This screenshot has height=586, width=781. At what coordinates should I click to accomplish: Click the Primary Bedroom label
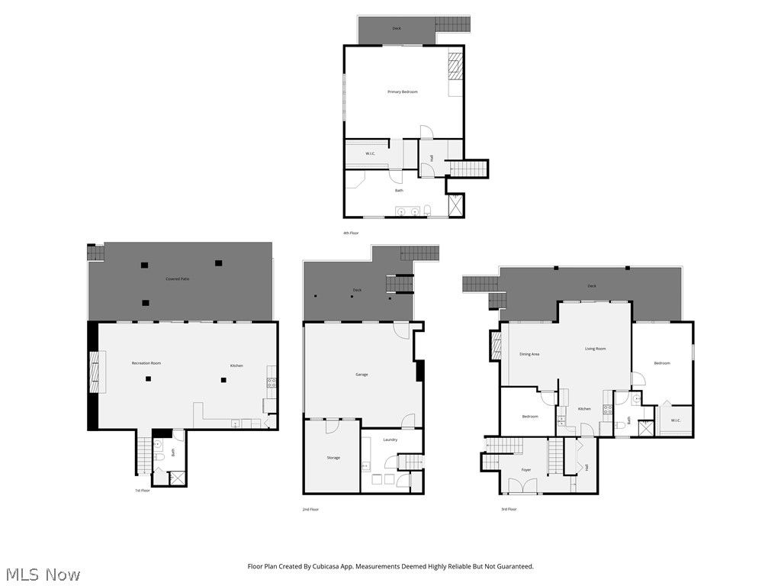[x=402, y=92]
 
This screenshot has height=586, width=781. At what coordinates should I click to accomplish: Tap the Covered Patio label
[x=178, y=279]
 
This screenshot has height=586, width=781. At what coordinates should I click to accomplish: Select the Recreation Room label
[x=146, y=363]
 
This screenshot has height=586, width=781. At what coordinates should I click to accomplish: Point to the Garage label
[x=362, y=374]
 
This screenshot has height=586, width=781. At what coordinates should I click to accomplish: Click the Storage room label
[x=333, y=458]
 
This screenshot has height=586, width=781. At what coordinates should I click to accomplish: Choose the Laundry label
[x=390, y=439]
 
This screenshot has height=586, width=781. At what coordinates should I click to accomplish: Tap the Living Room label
[x=595, y=349]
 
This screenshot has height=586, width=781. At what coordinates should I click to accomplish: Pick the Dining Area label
[x=529, y=354]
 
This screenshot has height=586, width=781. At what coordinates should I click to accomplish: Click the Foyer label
[x=526, y=470]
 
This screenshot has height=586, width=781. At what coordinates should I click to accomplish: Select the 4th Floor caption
[x=351, y=233]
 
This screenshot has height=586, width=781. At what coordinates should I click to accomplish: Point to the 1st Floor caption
[x=143, y=491]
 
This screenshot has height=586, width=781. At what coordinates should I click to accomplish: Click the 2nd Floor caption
[x=310, y=509]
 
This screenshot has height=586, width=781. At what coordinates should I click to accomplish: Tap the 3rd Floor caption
[x=508, y=509]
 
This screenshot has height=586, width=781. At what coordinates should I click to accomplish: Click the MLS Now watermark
[x=43, y=574]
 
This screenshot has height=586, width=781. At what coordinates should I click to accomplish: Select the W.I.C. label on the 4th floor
[x=370, y=153]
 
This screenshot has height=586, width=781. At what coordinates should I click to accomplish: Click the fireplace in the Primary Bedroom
[x=455, y=66]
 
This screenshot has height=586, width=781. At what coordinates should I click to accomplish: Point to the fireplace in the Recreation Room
[x=94, y=371]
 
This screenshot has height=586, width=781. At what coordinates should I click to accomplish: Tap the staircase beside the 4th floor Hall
[x=466, y=168]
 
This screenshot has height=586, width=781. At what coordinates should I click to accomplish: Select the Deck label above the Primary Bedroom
[x=397, y=28]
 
